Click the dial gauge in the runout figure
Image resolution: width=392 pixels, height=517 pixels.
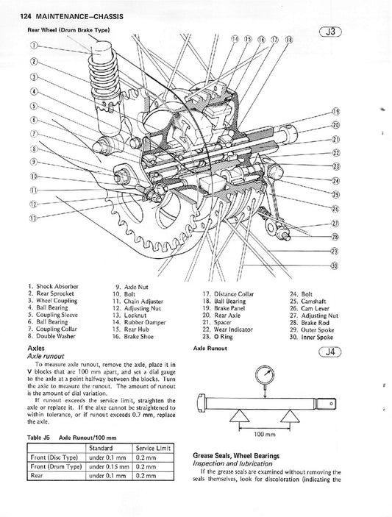[x=263, y=375]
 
